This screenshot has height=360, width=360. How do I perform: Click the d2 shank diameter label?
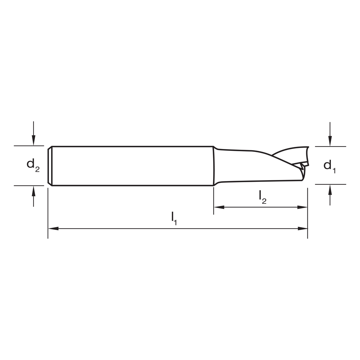(x=33, y=165)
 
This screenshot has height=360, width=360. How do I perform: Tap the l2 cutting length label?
(x=262, y=197)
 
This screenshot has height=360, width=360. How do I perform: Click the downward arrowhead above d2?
(x=33, y=141)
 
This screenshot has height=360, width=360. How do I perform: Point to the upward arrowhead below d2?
(x=33, y=190)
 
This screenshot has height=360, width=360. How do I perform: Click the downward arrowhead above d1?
(x=330, y=141)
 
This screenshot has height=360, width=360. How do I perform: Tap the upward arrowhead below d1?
(x=330, y=189)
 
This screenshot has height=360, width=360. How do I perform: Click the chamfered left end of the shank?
(x=50, y=166)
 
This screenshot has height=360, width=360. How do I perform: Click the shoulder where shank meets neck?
(x=215, y=166)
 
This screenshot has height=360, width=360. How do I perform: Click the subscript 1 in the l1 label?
(x=176, y=223)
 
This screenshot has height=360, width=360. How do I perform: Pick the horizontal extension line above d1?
(x=330, y=147)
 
